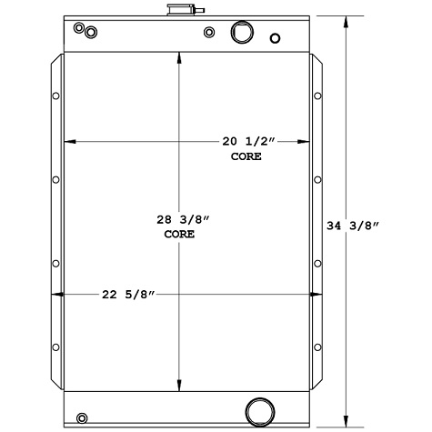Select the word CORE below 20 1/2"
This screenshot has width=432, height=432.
pyautogui.click(x=246, y=156)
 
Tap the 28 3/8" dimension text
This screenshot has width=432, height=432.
pyautogui.click(x=177, y=219)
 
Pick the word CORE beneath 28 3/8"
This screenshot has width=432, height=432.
pyautogui.click(x=178, y=234)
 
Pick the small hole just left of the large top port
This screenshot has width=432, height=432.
pyautogui.click(x=210, y=34)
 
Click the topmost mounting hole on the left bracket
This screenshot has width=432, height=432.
pyautogui.click(x=56, y=95)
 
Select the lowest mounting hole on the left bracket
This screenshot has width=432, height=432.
pyautogui.click(x=56, y=348)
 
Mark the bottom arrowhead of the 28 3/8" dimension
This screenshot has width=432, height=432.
pyautogui.click(x=178, y=385)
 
